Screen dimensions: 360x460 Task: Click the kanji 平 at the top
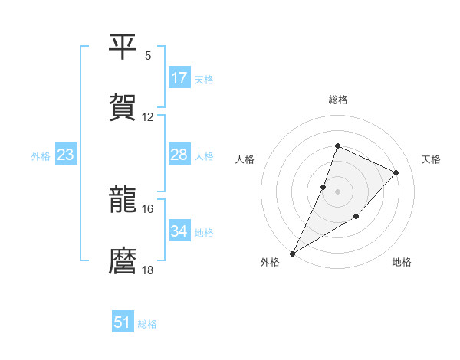(123, 47)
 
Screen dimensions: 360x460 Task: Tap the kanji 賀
(123, 107)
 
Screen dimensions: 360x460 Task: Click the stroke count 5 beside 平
(148, 56)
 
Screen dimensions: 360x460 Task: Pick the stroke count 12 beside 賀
(148, 117)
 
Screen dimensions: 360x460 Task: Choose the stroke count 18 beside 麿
(148, 270)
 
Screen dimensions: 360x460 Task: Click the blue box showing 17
(179, 78)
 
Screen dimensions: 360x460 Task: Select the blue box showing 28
(179, 155)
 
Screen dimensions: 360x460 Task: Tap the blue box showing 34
(179, 231)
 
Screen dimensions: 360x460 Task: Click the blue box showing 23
(66, 155)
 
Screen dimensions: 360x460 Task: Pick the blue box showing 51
(123, 322)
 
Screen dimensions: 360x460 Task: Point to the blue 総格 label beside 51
(147, 324)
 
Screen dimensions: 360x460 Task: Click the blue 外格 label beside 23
(41, 156)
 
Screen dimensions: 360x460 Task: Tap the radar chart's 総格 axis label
(338, 100)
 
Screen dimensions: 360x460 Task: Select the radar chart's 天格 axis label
(432, 159)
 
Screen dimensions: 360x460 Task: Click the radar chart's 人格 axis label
(245, 159)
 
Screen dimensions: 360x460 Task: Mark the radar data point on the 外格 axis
(293, 253)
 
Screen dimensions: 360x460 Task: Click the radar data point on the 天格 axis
(396, 172)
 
